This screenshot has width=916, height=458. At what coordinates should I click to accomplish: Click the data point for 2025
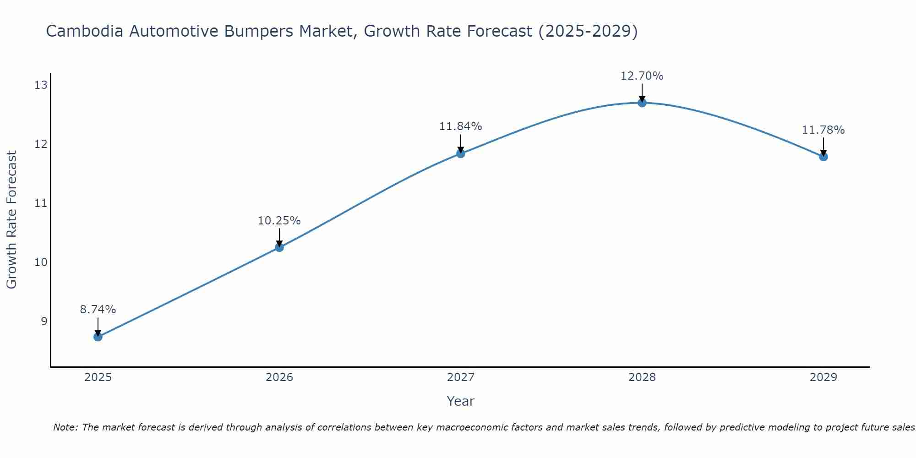(98, 337)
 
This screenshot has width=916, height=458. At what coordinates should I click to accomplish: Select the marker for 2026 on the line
(279, 247)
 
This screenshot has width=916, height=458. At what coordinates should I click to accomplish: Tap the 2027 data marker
(461, 153)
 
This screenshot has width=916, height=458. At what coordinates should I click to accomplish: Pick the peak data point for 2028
(642, 103)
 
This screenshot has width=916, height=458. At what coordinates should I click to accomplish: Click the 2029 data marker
(823, 157)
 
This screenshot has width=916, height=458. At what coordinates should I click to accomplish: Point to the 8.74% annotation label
(98, 310)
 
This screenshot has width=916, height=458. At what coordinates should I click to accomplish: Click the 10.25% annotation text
(279, 221)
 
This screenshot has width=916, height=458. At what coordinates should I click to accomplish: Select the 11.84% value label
(461, 126)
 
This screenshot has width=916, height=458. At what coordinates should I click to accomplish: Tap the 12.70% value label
(642, 76)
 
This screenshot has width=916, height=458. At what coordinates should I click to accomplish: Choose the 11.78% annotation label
(823, 130)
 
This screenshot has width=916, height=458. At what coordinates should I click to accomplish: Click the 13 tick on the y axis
(41, 85)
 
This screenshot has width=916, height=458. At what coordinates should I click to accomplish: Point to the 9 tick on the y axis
(44, 321)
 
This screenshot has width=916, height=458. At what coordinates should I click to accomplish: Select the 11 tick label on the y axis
(41, 203)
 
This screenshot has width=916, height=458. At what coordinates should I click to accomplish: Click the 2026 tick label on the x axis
(279, 377)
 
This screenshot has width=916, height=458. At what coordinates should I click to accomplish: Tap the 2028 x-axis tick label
(642, 377)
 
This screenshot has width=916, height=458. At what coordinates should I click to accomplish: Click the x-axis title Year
(461, 401)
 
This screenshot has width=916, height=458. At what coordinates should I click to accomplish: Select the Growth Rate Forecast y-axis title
(12, 220)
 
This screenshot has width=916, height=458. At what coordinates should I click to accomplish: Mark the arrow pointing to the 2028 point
(642, 93)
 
